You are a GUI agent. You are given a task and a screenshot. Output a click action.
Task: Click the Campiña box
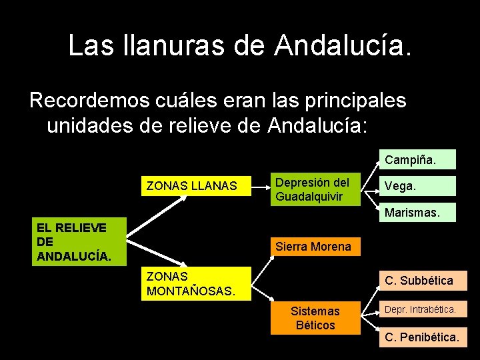[418, 160]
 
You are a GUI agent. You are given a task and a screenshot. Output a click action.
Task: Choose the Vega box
[418, 187]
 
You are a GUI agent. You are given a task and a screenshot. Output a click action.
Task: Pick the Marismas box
[418, 214]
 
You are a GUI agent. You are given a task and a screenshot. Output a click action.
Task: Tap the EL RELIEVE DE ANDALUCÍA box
[79, 241]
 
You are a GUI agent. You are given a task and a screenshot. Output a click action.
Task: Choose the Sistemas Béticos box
[315, 318]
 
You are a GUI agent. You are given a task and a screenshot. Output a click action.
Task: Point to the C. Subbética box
[423, 281]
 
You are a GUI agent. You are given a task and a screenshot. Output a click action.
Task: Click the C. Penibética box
[423, 338]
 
